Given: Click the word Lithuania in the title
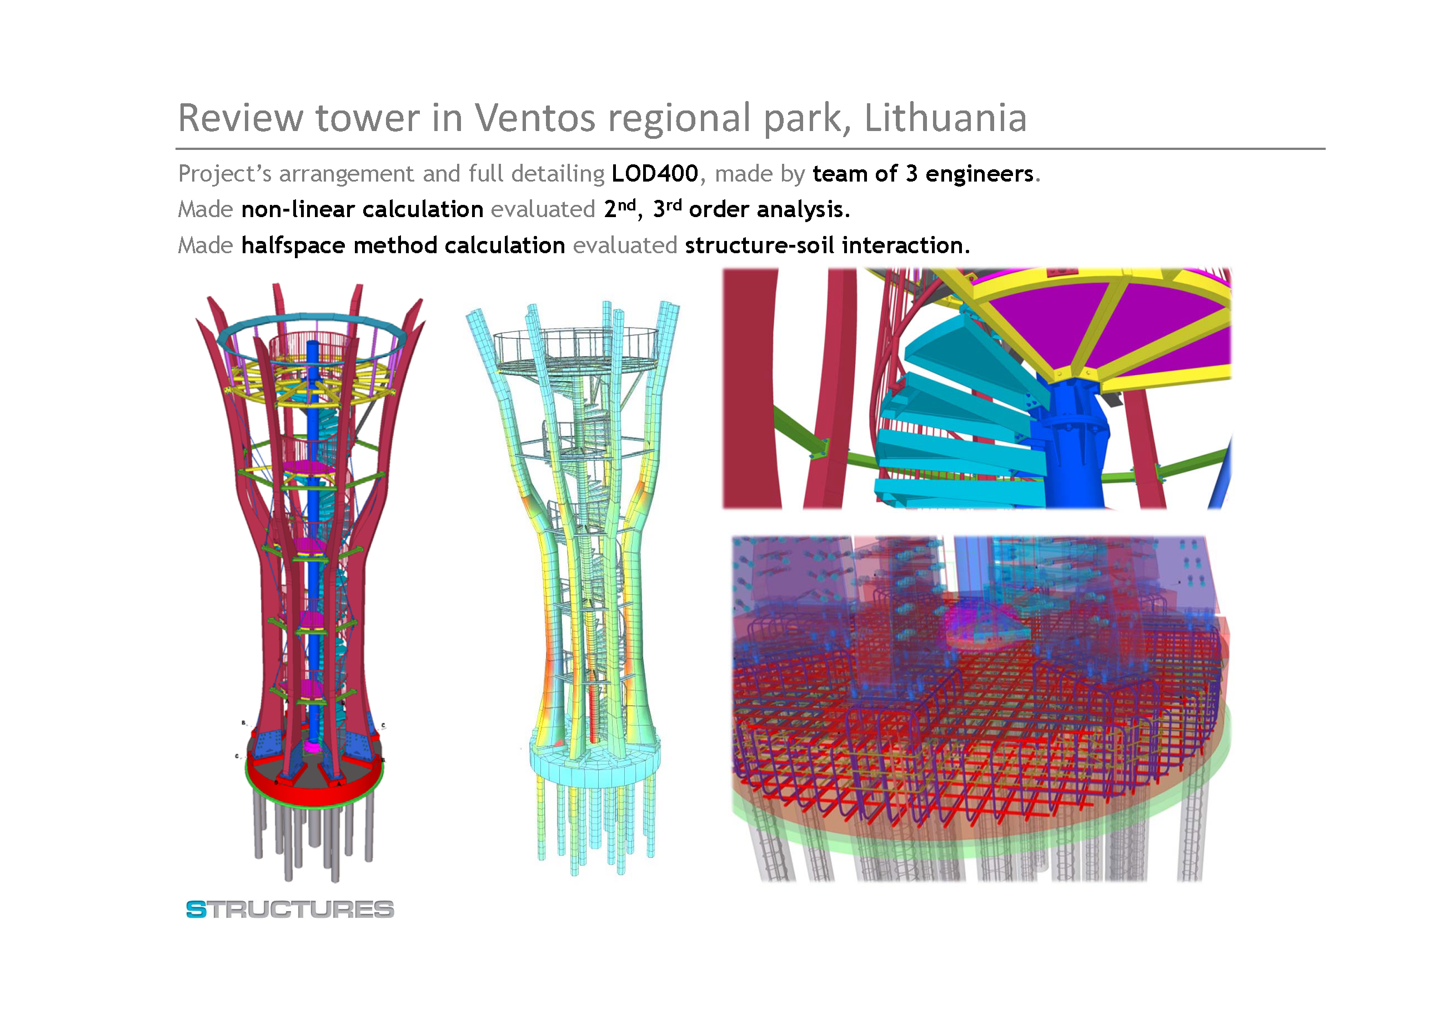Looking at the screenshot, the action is coord(945,118).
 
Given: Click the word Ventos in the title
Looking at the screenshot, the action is coord(535,118).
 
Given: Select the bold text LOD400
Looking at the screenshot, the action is coord(655,174).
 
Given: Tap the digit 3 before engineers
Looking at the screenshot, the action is coord(911,174).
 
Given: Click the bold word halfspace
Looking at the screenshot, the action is coord(293,246).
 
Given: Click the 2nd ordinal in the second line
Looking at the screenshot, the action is coord(620,208).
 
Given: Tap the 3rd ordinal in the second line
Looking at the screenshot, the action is coord(667,208).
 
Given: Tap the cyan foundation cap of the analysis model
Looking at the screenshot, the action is coord(594,762).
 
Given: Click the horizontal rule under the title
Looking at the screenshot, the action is coord(750,149).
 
